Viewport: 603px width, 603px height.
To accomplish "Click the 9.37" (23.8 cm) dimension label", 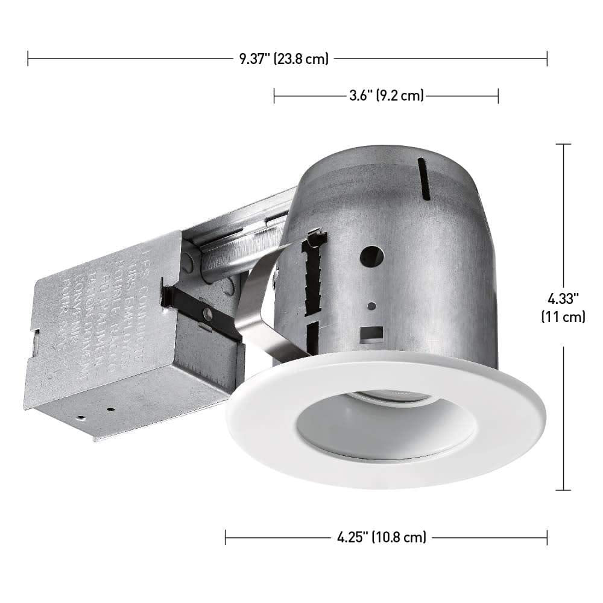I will click(283, 58).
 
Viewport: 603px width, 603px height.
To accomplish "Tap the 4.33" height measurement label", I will click(564, 297).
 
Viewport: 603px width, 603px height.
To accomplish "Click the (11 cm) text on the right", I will click(564, 317).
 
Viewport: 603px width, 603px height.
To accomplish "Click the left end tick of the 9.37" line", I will click(28, 58).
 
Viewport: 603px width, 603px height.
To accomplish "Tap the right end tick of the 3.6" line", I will click(498, 95).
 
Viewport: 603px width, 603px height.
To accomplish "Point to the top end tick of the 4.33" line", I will click(563, 145).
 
